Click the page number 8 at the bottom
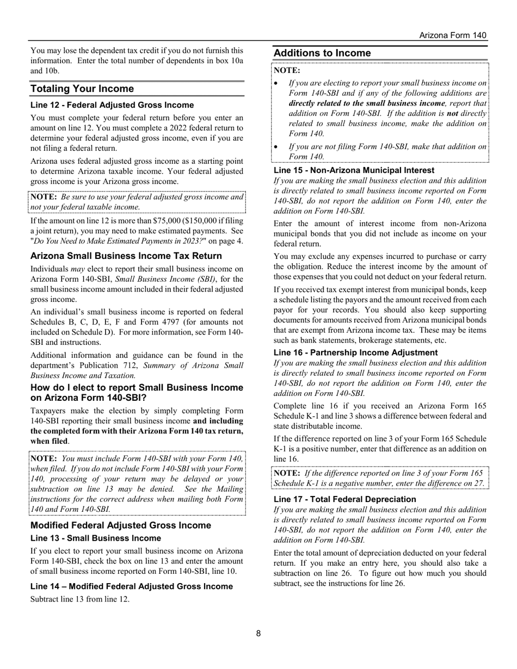(x=258, y=633)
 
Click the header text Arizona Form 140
(x=453, y=35)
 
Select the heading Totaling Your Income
(x=82, y=89)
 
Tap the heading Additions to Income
(x=322, y=53)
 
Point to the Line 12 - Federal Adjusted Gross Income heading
(x=112, y=105)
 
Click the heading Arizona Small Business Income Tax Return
(x=126, y=256)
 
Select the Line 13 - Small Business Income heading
(x=96, y=538)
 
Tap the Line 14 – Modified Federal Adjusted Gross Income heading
(x=132, y=586)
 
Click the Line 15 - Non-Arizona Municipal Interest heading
(x=354, y=170)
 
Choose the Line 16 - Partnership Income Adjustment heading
(x=355, y=352)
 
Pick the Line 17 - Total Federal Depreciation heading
(x=344, y=499)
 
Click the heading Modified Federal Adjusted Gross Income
(x=121, y=525)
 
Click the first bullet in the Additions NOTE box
(x=276, y=84)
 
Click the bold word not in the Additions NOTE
(x=452, y=113)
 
